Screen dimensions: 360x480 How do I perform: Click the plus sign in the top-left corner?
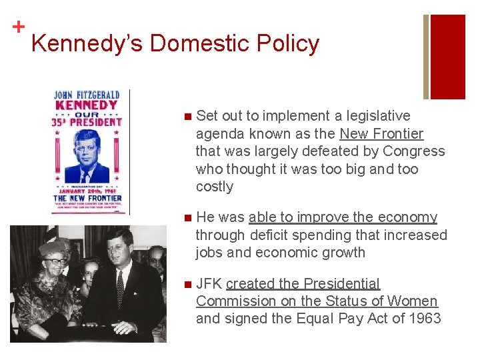click(x=19, y=27)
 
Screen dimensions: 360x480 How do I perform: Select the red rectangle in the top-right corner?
click(x=448, y=57)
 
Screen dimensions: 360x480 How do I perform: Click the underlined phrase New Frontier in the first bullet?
click(x=381, y=133)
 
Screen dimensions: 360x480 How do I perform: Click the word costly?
click(x=215, y=187)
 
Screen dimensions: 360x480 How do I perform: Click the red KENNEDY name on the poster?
click(x=87, y=105)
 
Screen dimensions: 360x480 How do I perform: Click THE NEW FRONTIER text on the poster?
click(x=87, y=198)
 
